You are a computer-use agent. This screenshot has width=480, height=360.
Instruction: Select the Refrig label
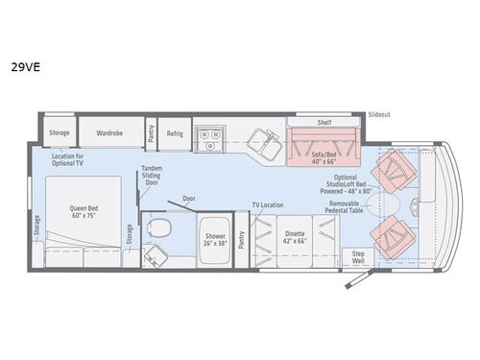point(175,133)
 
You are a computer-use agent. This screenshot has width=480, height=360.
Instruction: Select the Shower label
point(213,236)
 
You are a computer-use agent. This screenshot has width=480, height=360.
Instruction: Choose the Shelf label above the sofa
point(324,122)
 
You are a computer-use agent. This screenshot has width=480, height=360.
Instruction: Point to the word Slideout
point(380,114)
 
